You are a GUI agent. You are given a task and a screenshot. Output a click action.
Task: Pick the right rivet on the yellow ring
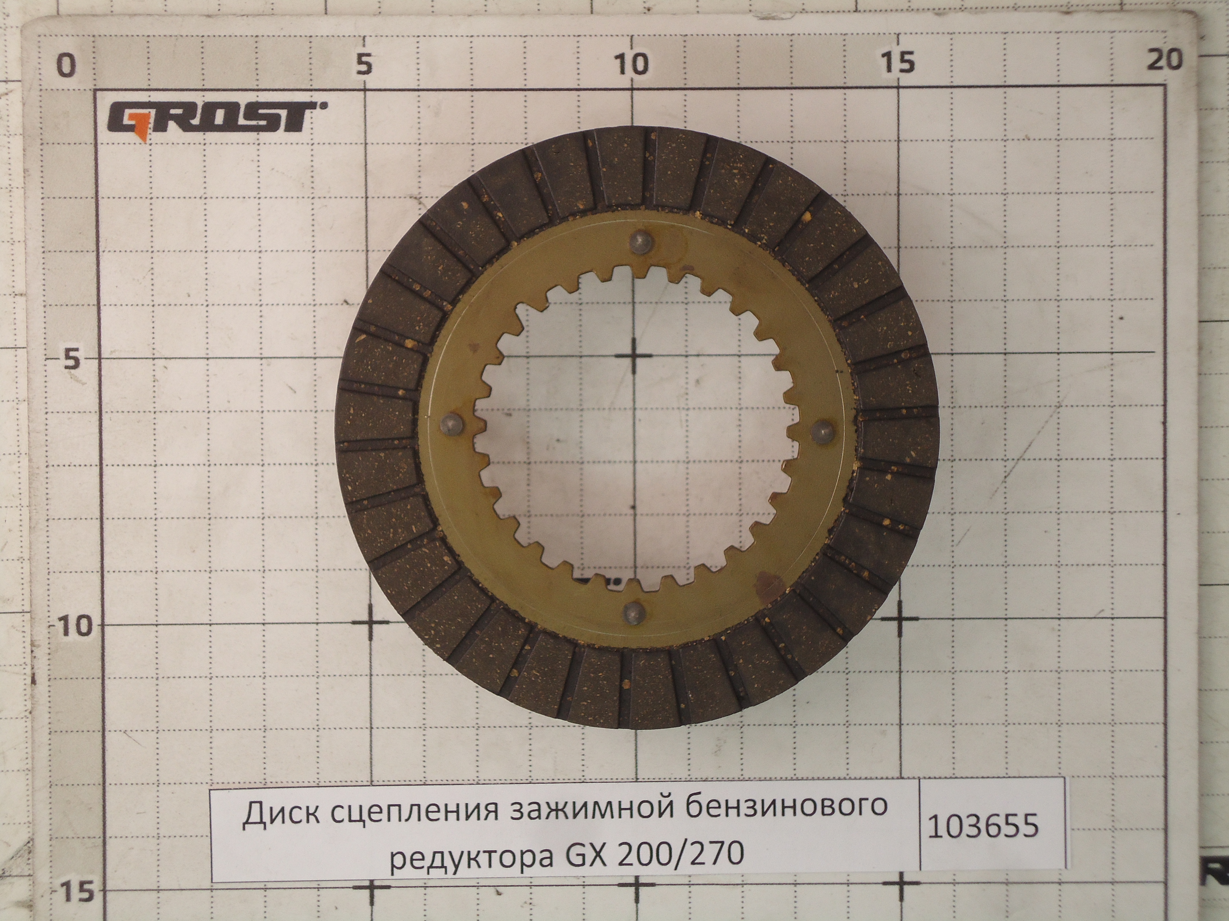[823, 431]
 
